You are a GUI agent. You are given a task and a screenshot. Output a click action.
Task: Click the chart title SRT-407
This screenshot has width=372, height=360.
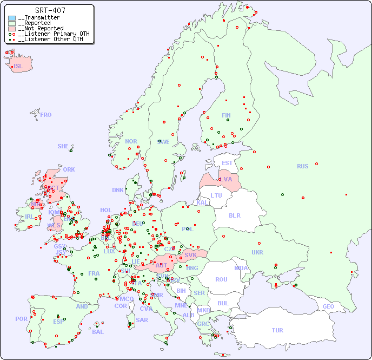point(50,10)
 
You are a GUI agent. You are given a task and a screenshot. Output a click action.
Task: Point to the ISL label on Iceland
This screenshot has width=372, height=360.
point(18,67)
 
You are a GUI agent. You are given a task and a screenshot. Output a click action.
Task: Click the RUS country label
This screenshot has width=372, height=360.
point(302,166)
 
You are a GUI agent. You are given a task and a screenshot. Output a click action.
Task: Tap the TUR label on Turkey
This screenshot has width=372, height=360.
point(277,330)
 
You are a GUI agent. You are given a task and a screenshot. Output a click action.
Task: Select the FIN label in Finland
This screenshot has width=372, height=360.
point(226,115)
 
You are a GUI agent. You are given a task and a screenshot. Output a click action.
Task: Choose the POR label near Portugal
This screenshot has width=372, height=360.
point(21,319)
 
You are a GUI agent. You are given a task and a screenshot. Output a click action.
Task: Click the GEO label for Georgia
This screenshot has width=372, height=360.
point(328,306)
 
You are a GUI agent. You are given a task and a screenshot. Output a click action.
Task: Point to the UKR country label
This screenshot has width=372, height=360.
point(257,252)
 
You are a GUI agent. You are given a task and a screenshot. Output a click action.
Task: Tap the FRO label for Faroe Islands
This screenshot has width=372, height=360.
point(46,115)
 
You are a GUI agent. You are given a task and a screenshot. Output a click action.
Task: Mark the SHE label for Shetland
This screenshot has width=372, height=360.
point(63,146)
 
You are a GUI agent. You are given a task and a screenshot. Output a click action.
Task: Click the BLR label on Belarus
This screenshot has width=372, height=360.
point(235,215)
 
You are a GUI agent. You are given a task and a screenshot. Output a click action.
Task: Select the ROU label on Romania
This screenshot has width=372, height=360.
point(221,279)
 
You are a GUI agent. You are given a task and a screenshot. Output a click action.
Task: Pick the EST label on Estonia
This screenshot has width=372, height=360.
point(227,163)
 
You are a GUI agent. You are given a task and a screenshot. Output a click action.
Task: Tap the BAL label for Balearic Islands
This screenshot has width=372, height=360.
point(98,332)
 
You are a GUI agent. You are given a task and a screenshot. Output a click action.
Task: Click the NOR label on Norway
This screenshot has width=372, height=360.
point(131,141)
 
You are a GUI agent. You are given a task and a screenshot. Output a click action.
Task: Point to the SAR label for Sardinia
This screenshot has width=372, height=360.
point(142,320)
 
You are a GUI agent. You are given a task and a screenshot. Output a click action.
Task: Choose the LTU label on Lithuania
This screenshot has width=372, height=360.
point(216,195)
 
